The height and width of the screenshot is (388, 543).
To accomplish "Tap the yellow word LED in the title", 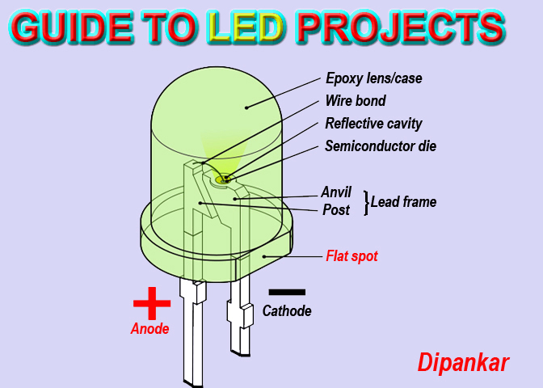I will [x=246, y=29].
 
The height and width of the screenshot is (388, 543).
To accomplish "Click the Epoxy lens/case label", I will [x=373, y=79].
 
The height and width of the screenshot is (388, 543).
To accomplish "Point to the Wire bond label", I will [x=355, y=102].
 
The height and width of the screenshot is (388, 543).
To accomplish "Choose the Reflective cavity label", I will [x=373, y=124].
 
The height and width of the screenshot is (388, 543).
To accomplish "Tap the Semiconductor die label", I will [x=380, y=146].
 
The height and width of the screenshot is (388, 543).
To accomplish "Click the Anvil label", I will [x=336, y=192].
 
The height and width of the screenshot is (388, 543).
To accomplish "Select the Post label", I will [x=336, y=210].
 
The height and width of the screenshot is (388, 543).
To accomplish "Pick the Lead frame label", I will [x=403, y=202].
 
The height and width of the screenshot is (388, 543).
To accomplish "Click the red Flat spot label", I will [x=351, y=256].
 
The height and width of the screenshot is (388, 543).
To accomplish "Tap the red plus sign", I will [x=152, y=304].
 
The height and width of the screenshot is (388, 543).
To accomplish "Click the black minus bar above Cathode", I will [x=287, y=291].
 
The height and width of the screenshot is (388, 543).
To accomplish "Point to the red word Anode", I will [x=150, y=329].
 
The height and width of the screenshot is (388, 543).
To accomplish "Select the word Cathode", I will [x=287, y=310].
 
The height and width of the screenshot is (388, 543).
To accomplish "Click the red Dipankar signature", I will [x=463, y=363].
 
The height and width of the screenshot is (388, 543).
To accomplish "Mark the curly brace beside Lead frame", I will [x=365, y=202].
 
